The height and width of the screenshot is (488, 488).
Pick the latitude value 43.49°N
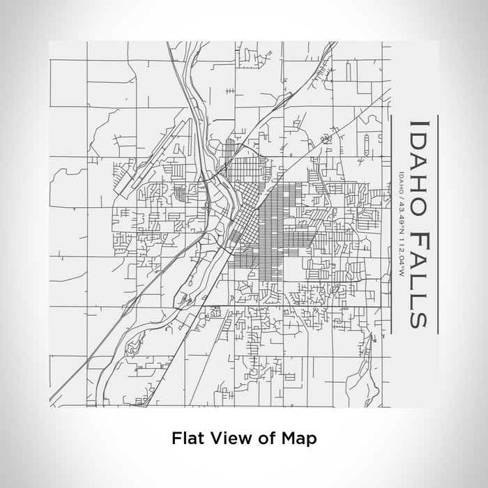(x=400, y=211)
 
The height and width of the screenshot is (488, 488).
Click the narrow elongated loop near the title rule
(x=367, y=144)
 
